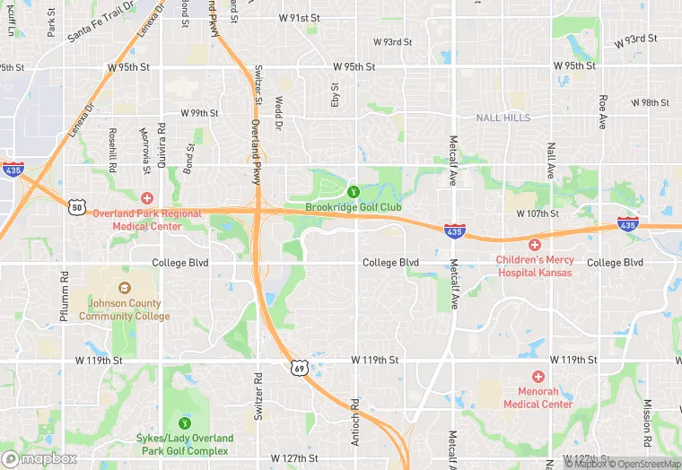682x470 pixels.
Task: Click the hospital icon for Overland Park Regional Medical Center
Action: (147, 197)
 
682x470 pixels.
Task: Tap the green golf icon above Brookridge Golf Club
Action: (354, 191)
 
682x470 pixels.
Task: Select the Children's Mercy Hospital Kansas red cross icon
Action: (534, 244)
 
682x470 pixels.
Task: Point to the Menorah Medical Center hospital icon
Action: (538, 377)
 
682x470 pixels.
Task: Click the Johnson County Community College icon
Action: (124, 288)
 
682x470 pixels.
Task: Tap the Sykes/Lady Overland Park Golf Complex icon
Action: (186, 422)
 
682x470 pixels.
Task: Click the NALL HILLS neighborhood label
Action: (503, 117)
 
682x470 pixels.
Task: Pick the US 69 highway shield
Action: (300, 367)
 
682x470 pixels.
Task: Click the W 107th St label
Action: (538, 213)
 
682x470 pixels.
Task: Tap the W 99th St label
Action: (199, 113)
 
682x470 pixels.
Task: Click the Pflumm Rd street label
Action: (64, 295)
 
